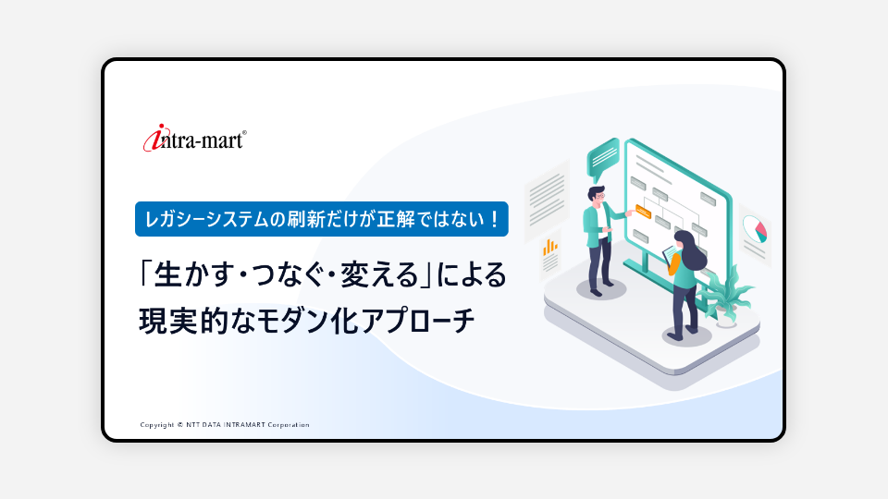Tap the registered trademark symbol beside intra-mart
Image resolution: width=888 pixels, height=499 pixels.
[244, 133]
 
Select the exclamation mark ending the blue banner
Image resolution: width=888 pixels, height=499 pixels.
[494, 219]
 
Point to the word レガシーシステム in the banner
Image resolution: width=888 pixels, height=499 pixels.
[206, 219]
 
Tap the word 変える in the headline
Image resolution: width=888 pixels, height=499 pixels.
[379, 275]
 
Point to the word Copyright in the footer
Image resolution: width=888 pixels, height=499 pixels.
[157, 425]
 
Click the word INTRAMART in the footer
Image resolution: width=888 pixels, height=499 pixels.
[244, 425]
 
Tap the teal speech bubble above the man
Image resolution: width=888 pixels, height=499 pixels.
[602, 157]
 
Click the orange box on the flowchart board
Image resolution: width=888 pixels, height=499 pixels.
[643, 212]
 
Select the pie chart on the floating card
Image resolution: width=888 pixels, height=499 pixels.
[756, 228]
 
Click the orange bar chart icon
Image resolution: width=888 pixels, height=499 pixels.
[549, 247]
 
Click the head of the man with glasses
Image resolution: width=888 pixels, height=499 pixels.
[596, 196]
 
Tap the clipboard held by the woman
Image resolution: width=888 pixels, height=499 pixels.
[671, 255]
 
